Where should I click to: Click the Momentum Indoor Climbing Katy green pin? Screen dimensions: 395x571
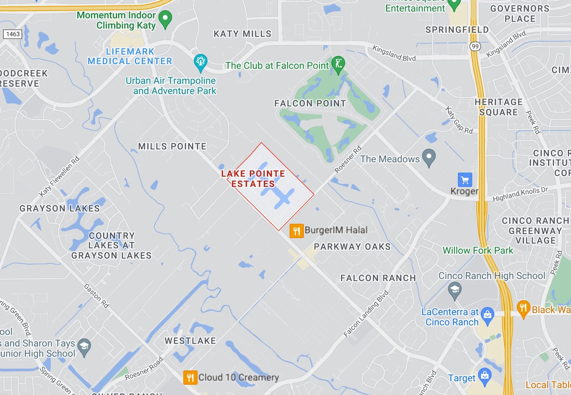[x=165, y=19]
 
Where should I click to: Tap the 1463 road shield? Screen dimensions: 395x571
[x=13, y=34]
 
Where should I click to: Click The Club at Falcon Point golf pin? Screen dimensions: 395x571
[x=338, y=64]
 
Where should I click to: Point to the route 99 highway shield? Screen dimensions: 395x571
[x=475, y=46]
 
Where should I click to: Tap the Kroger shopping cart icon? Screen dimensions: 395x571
[x=465, y=179]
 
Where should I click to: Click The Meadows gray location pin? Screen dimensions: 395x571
[x=429, y=157]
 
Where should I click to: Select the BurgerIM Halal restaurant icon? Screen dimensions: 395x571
[x=296, y=231]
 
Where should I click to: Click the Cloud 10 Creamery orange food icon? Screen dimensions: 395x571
[x=190, y=378]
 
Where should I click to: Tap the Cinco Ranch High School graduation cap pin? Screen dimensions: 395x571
[x=454, y=291]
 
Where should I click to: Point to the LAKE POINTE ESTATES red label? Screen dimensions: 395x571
[x=253, y=179]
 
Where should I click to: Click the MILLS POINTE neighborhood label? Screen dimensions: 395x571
[x=172, y=146]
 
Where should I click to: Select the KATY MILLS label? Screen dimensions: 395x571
[x=243, y=34]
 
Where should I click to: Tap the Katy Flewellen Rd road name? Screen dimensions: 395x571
[x=59, y=176]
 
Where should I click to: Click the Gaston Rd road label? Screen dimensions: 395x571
[x=96, y=296]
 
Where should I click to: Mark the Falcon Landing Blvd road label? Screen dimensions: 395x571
[x=366, y=313]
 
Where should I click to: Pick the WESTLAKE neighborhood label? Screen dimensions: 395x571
[x=190, y=341]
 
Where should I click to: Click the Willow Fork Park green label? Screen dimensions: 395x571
[x=478, y=250]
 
